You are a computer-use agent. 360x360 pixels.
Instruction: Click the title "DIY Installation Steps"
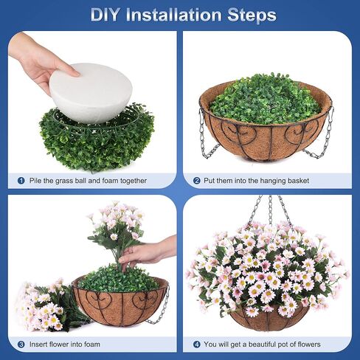[184, 15]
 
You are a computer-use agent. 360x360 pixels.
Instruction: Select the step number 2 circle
[197, 180]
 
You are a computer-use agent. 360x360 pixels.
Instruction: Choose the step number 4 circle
[197, 344]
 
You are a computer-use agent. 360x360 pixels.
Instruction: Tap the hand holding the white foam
[37, 59]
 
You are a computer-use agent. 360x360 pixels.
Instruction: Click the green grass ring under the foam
[96, 144]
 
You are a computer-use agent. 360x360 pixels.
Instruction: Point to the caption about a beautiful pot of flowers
[265, 344]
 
